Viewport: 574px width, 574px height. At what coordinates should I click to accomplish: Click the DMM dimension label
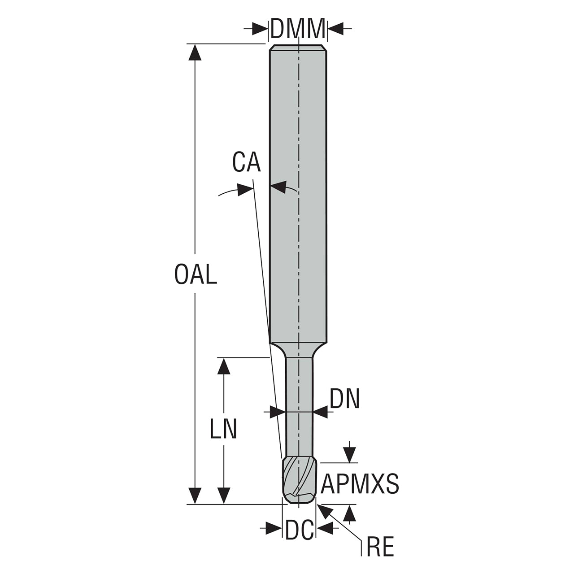pos(298,29)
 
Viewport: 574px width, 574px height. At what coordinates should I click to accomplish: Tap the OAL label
pos(196,274)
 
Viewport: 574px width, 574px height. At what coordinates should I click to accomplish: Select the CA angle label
pos(246,162)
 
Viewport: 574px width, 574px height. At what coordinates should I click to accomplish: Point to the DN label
pos(345,398)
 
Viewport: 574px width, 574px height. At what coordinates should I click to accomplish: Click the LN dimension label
pos(223,429)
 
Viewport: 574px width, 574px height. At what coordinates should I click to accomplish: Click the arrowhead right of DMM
pos(336,29)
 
